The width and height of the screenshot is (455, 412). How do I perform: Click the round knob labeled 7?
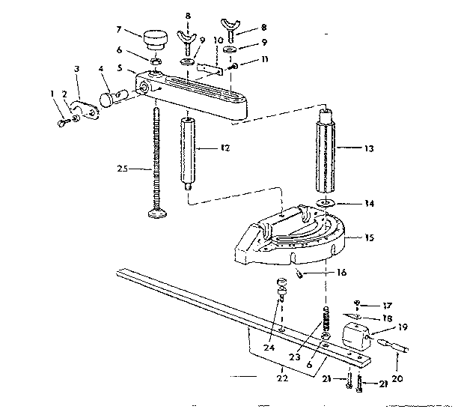[156, 37]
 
